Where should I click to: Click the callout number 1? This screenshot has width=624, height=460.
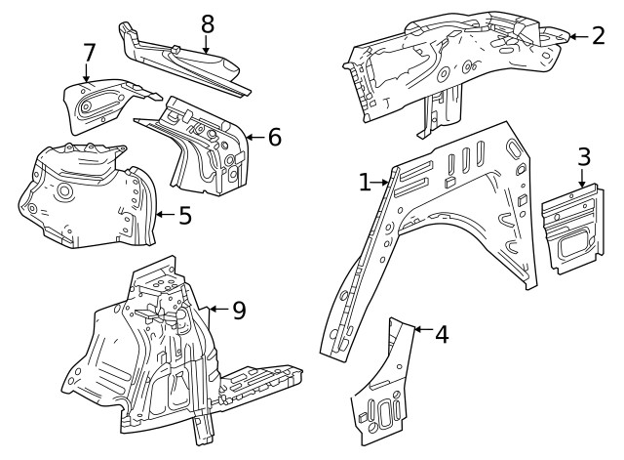[365, 183]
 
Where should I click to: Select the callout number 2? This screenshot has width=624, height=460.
[599, 36]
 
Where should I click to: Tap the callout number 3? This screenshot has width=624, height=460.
[583, 155]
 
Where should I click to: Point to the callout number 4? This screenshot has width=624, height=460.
[442, 334]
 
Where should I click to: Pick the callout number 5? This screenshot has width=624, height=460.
[184, 214]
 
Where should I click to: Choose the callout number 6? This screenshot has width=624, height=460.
[274, 138]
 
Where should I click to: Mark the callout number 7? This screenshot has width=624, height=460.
[89, 51]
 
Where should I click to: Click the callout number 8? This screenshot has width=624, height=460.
[206, 21]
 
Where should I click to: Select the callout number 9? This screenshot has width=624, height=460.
[238, 311]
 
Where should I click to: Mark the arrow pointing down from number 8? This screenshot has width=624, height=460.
[206, 42]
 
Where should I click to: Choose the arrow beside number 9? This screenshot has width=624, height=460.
[218, 311]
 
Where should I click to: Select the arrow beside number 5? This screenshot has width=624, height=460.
[164, 214]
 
